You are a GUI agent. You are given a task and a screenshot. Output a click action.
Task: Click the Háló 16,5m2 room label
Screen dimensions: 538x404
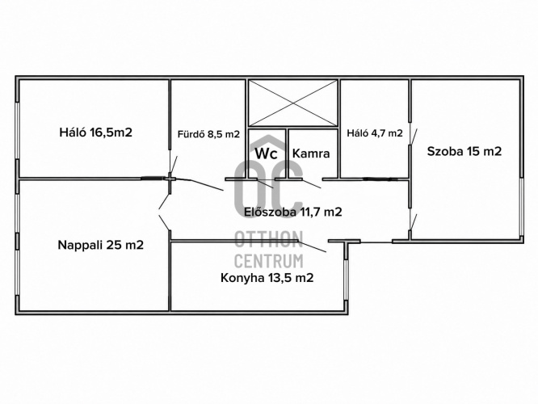point(96,133)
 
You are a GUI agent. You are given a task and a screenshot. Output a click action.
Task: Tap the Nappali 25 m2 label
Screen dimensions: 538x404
point(100,245)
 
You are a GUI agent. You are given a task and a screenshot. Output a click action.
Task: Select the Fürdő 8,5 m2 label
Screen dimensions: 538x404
point(208,134)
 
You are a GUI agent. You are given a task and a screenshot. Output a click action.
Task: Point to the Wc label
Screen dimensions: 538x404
point(267,154)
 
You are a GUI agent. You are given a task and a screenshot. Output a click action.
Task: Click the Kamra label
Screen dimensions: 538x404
point(311,154)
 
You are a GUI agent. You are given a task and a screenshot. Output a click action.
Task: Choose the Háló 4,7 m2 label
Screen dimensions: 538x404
point(375,133)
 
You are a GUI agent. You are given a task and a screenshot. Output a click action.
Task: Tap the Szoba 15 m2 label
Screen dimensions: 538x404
point(464,151)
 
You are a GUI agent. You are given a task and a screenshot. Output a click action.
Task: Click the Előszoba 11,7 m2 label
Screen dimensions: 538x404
point(293,213)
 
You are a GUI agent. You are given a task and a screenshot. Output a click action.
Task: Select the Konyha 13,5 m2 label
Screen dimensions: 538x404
point(267,278)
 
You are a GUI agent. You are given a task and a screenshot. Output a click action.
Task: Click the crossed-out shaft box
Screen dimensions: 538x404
point(293,103)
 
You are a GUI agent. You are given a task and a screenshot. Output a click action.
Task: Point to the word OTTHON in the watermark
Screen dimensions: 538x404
point(269,239)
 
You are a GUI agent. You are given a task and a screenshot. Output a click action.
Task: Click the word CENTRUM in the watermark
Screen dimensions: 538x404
point(269,261)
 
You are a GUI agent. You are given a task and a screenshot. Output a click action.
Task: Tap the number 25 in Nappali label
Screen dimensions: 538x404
point(112,245)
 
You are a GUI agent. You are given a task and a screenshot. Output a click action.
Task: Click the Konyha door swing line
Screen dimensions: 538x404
point(312,246)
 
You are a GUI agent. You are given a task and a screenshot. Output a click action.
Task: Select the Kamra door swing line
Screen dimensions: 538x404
point(311,183)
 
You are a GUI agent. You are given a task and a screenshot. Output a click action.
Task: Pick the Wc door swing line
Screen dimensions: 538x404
point(265,183)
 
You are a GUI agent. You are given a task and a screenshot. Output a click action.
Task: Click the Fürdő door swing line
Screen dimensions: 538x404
point(207,185)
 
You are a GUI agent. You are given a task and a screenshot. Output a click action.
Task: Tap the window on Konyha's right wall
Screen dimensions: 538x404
point(346,280)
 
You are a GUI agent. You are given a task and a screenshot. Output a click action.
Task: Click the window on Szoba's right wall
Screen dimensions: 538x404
point(521,207)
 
